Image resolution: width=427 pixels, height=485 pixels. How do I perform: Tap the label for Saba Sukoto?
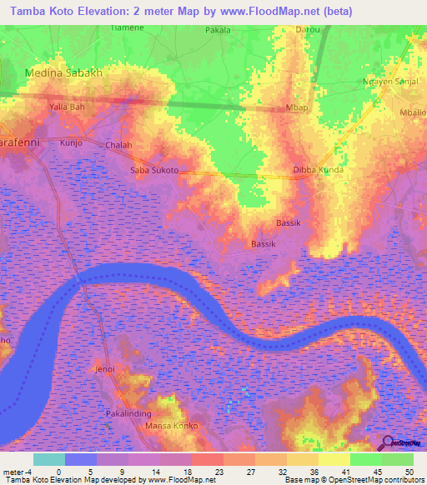[154, 170]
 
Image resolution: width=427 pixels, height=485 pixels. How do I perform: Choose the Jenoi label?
[104, 368]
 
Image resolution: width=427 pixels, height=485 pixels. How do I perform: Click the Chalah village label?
[118, 145]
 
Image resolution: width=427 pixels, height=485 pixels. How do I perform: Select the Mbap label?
[296, 107]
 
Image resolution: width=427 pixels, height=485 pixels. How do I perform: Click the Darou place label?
[308, 29]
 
